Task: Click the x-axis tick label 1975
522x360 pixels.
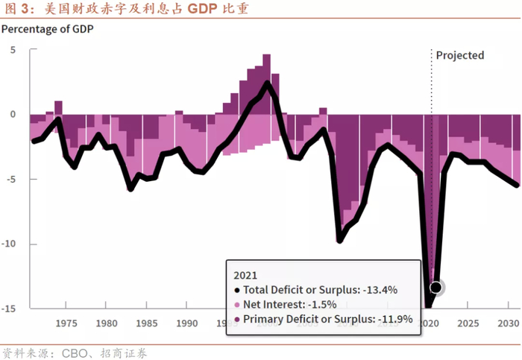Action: coord(66,323)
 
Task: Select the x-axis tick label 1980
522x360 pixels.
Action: coord(107,323)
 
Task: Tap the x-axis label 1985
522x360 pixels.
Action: coord(147,323)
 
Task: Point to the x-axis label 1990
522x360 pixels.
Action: coord(187,323)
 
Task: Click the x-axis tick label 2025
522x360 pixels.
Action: coord(468,323)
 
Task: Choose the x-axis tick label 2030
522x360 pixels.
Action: coord(508,323)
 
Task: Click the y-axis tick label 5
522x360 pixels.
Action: coord(13,50)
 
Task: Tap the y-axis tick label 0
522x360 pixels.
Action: coord(13,114)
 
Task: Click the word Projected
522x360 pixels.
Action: coord(460,55)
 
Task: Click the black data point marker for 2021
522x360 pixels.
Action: coord(435,287)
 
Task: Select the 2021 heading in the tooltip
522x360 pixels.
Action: coord(245,274)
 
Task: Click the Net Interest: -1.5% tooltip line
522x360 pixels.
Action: coord(290,304)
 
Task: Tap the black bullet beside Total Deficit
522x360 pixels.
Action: coord(236,290)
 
